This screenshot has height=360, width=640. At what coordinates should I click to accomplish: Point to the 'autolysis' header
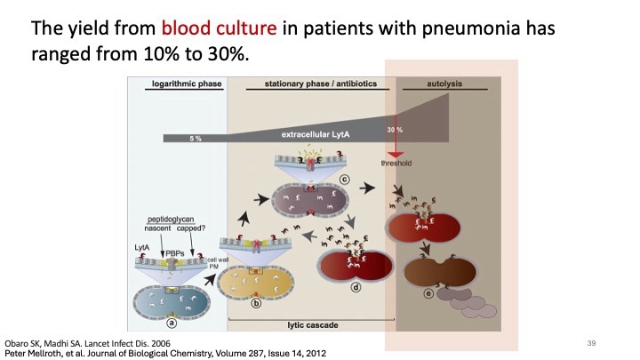tap(431, 84)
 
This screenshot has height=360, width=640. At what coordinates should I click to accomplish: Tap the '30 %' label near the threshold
tap(394, 130)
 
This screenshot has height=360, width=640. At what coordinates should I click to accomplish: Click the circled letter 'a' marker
tap(177, 325)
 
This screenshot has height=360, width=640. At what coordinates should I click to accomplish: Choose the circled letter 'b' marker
tap(256, 302)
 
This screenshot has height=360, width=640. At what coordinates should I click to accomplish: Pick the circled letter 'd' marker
tap(356, 286)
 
